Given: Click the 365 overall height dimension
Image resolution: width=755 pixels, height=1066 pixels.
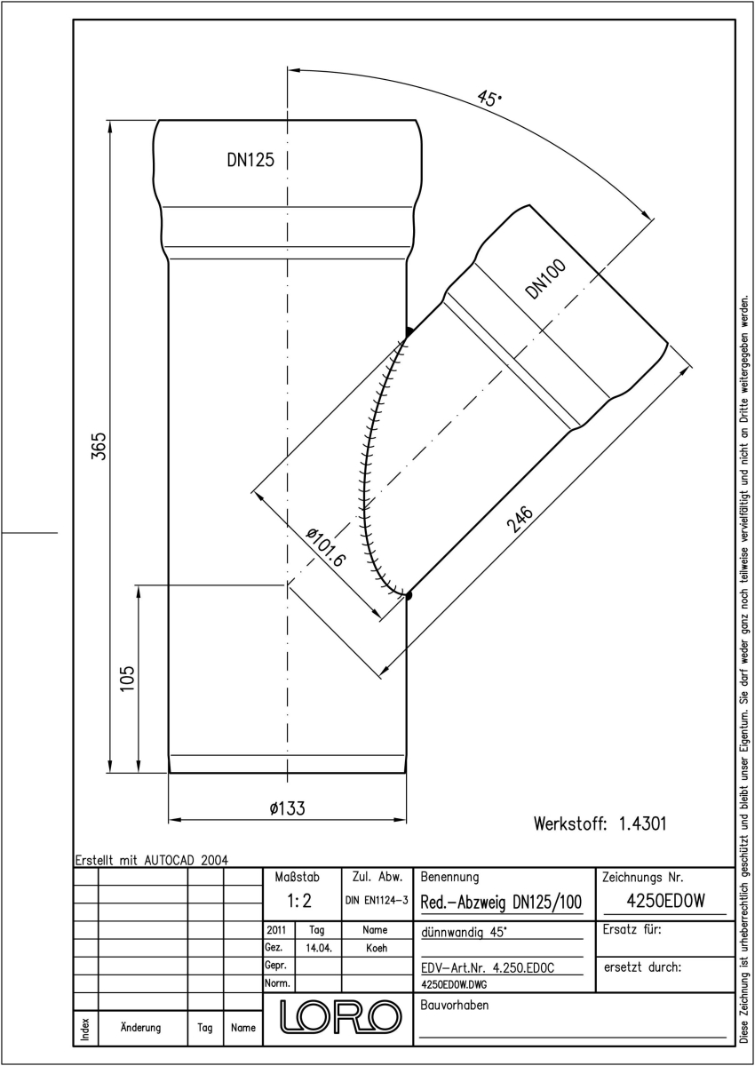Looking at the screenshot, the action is point(99,446).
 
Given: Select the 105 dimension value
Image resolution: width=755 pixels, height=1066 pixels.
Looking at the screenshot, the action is point(128,679).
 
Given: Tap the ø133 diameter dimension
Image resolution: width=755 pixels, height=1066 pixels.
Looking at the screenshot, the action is point(288,808).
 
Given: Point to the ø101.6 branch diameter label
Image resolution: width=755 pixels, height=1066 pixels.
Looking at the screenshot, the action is point(325,547).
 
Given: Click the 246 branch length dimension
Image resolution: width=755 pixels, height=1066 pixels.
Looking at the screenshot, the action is point(520,519).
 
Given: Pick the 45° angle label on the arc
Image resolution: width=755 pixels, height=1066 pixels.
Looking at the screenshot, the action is point(489,99).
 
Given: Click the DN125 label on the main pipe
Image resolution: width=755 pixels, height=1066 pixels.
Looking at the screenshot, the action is point(250,160).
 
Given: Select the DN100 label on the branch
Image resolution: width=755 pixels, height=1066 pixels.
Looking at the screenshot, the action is point(545,279).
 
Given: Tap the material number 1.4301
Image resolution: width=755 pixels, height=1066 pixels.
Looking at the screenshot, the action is point(643,823).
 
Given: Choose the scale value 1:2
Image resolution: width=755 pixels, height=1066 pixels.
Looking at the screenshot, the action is point(299,901).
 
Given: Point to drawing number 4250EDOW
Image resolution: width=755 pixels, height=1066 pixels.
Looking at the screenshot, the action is point(665,901).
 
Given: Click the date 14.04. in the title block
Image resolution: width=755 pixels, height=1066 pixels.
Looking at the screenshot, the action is point(319,948).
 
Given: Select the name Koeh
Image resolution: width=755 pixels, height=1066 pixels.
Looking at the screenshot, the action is point(377,948).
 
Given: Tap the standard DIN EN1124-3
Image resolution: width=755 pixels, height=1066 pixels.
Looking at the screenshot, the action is point(377,901).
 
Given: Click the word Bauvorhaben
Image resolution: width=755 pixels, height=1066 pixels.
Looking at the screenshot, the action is point(454,1005).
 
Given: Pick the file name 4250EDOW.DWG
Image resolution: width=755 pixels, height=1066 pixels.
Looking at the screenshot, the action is point(454,984).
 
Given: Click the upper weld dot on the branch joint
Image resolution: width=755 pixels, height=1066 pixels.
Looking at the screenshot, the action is point(409,331).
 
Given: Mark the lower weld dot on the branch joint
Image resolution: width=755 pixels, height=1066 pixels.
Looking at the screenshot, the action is point(408,595).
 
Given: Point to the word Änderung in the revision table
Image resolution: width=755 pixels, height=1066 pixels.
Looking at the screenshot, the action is point(141,1028).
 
